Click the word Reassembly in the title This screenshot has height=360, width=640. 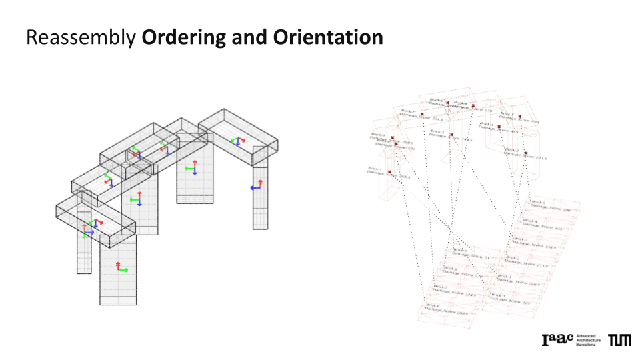point(81,38)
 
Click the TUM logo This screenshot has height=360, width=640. point(619,341)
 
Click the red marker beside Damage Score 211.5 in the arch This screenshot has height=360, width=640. point(526,154)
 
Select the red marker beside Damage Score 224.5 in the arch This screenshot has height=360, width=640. point(423,115)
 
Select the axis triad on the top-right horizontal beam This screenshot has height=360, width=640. point(237,141)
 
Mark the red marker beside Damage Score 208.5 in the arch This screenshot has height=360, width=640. point(396,144)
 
